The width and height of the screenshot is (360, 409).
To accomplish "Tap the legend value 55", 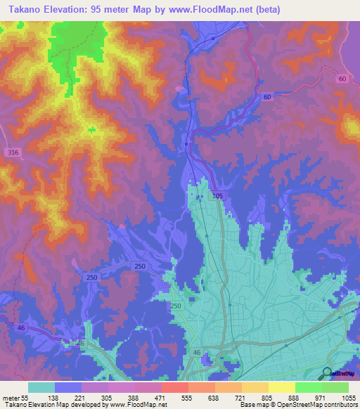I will tap(26, 398).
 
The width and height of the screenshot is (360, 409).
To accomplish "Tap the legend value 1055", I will tap(346, 398).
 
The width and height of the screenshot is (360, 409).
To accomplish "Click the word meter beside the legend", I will tap(10, 398).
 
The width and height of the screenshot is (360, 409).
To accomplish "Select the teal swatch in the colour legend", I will tap(41, 387).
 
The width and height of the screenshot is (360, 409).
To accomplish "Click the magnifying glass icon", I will tap(326, 373).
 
